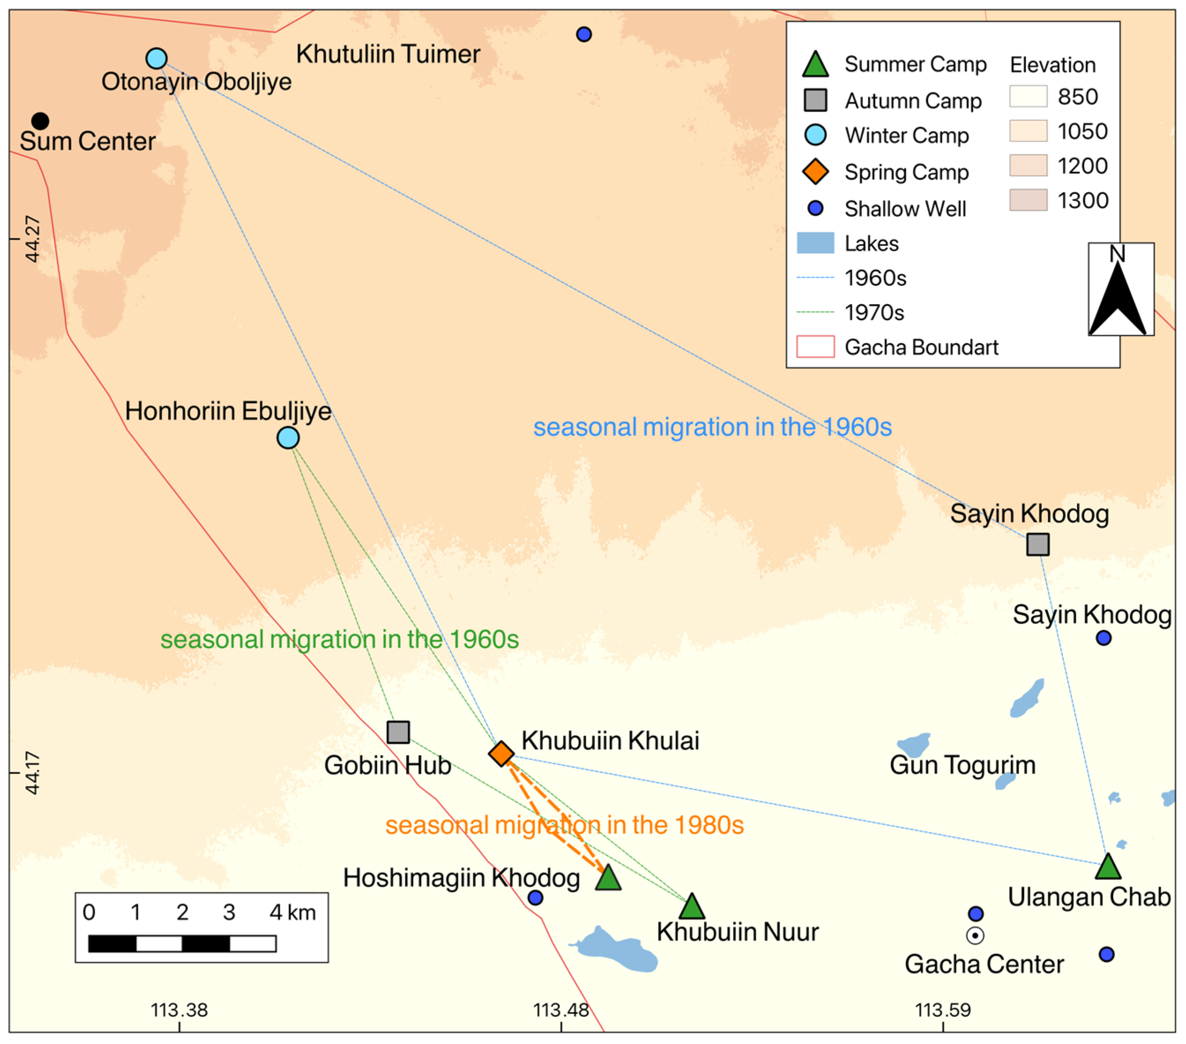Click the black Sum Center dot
tap(40, 121)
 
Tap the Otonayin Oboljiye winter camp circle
tap(156, 58)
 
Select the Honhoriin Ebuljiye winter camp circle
tap(288, 437)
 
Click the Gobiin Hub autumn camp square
tap(398, 732)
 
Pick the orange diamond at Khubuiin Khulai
tap(501, 754)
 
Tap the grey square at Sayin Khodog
tap(1038, 544)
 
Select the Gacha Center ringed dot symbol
tap(975, 936)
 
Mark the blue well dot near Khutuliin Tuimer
tap(584, 34)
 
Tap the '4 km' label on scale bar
tap(293, 913)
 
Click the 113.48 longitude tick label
tap(561, 1010)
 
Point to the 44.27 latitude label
tap(33, 239)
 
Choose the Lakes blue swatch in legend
tap(815, 243)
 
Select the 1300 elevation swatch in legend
tap(1028, 200)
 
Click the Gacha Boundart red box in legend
tap(815, 347)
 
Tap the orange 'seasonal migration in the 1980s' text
tap(564, 825)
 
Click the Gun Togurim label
tap(963, 765)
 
